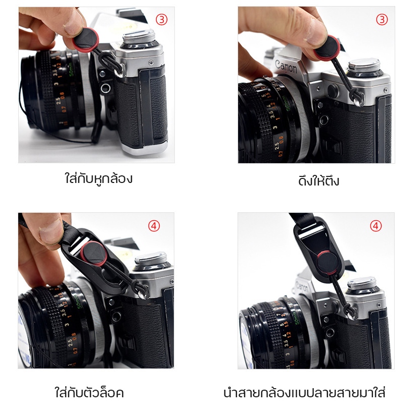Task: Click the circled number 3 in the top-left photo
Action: pos(162,20)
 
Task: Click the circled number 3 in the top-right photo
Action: pos(382,20)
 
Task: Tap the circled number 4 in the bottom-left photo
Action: pos(154,226)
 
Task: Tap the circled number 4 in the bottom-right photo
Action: pos(376,226)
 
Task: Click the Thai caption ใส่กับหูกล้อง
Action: pos(99,178)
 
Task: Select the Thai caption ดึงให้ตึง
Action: pos(318,181)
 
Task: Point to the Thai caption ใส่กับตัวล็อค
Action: pos(89,392)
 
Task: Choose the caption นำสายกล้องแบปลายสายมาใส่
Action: pos(304,393)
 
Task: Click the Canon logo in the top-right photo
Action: pos(286,67)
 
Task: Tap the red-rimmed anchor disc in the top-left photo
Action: pos(85,40)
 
